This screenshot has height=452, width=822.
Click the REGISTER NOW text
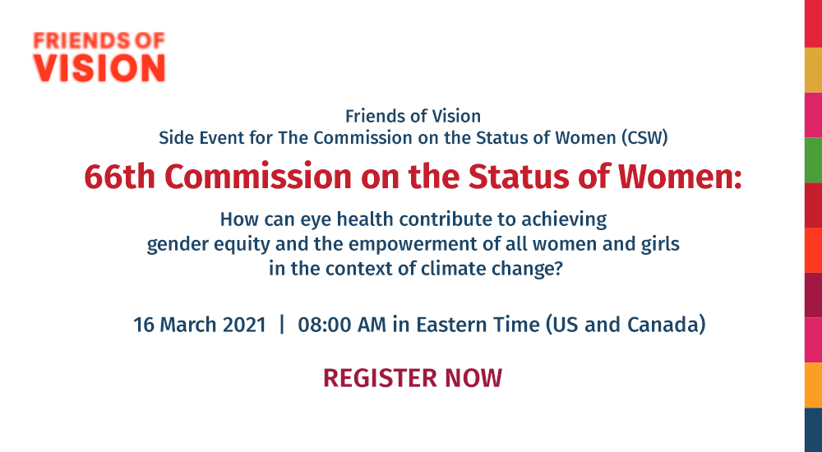coord(413,378)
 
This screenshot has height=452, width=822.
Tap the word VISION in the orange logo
coord(99,67)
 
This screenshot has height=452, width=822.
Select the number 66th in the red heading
coord(119,176)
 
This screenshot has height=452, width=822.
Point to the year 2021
coord(245,325)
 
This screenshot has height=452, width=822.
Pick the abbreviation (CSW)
coord(644,138)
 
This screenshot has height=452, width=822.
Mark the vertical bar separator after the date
coord(282,325)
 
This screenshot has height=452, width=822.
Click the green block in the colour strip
coord(813,160)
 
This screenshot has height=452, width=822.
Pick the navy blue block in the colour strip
coord(813,430)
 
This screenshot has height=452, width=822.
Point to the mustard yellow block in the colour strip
coord(813,70)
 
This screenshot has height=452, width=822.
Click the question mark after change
coord(558,269)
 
